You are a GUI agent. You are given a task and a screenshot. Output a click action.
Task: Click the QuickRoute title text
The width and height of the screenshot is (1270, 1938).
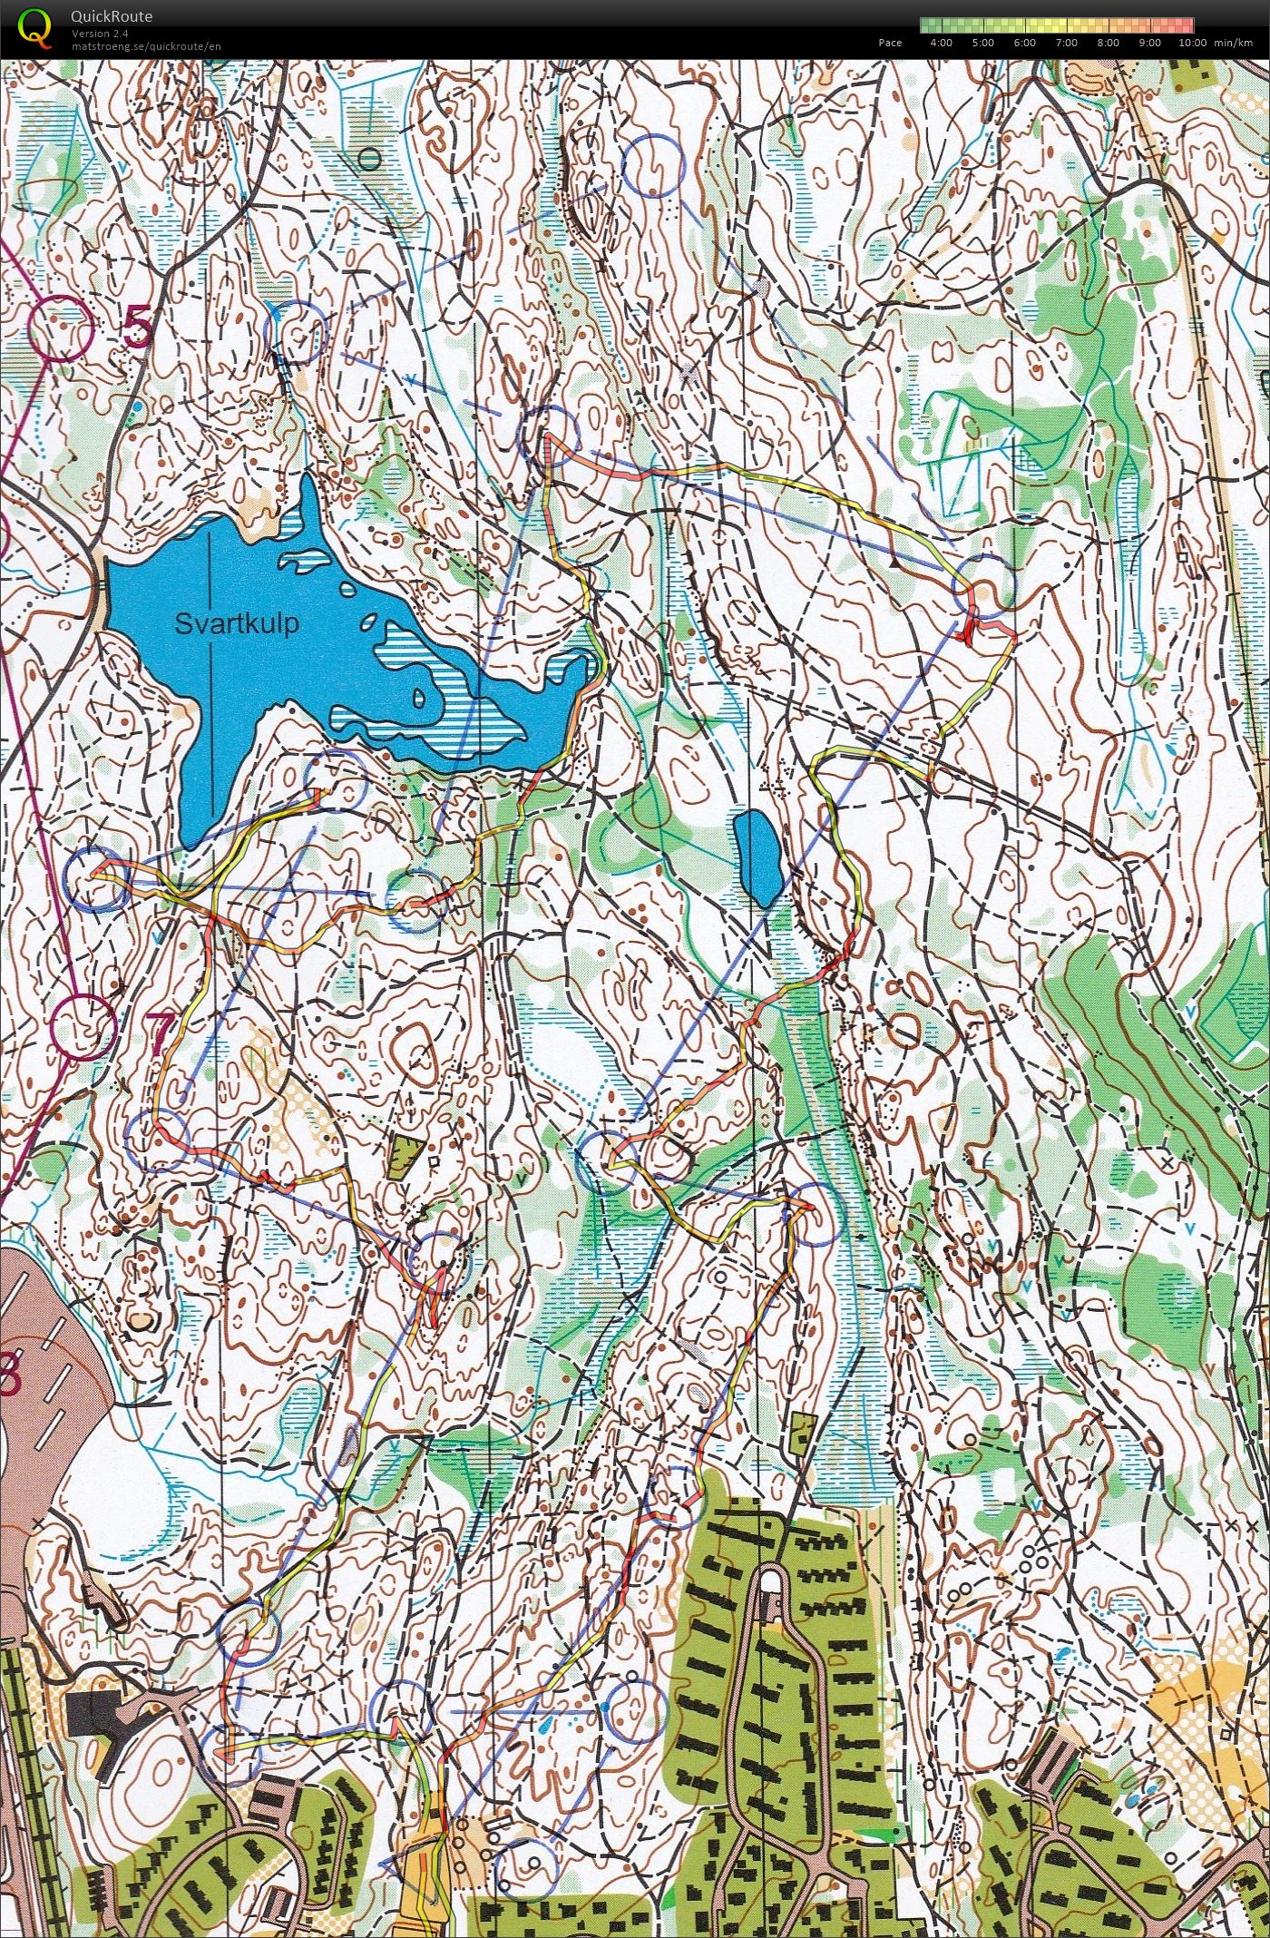tap(111, 16)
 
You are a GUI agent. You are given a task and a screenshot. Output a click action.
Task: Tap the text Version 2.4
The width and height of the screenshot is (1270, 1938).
tap(100, 34)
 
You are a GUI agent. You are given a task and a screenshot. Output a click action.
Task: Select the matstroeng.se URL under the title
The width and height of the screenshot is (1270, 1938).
tap(145, 45)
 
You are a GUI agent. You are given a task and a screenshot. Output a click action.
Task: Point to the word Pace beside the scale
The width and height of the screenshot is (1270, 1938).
tap(890, 43)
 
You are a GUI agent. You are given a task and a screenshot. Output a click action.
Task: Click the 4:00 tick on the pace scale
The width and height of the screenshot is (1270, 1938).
tap(941, 43)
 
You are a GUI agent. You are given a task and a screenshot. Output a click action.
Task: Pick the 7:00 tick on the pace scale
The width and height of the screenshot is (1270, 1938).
tap(1067, 43)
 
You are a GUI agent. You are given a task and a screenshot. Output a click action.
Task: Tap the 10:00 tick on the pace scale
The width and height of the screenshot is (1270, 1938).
tap(1192, 43)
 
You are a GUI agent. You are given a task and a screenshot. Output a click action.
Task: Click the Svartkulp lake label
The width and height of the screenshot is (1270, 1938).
tap(237, 624)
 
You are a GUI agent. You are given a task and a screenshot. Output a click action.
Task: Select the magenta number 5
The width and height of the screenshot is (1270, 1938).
tap(138, 328)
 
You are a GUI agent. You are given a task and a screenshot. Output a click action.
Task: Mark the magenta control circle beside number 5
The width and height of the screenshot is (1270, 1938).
tap(61, 328)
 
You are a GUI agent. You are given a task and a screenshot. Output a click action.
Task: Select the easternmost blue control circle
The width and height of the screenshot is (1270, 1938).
tap(986, 585)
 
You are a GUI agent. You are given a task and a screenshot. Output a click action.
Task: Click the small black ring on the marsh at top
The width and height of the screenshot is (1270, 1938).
tap(369, 160)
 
